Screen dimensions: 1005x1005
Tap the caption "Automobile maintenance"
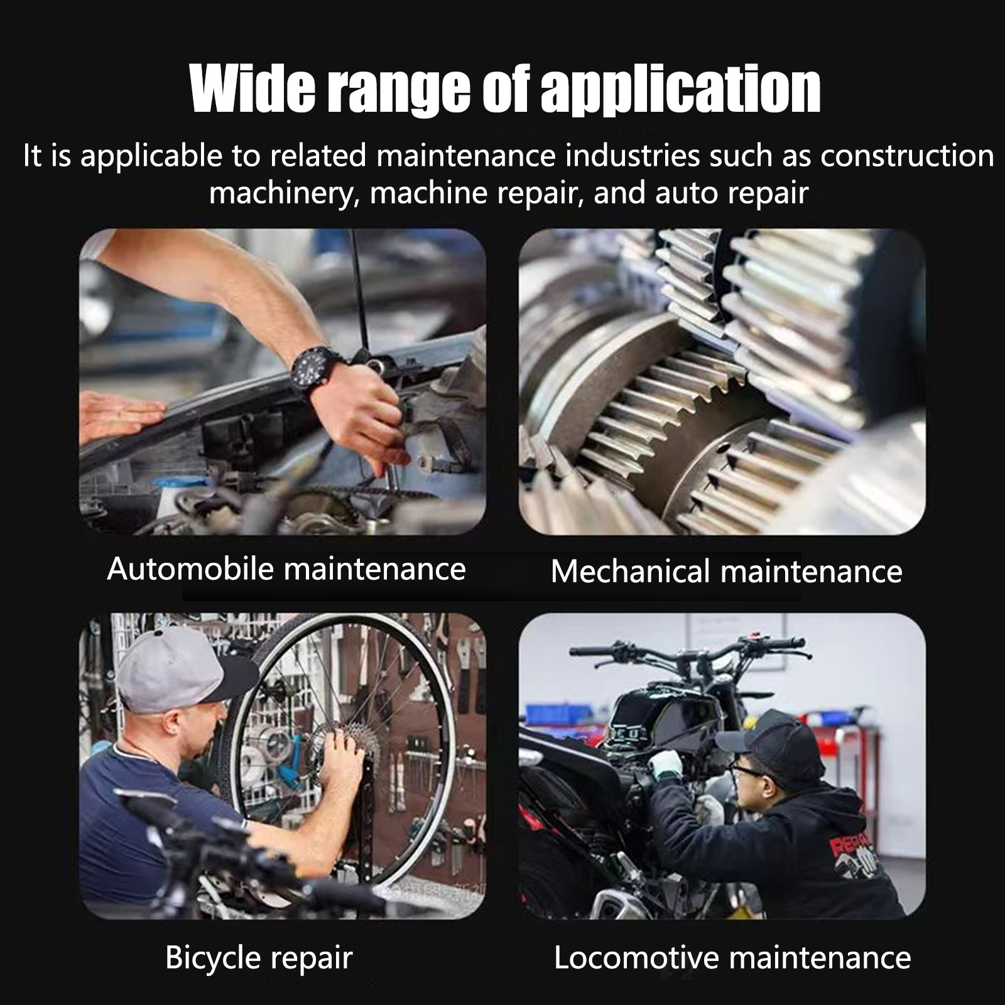pyautogui.click(x=286, y=569)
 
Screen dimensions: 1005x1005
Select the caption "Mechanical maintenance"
pyautogui.click(x=726, y=572)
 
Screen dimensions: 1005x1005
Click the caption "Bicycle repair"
pyautogui.click(x=259, y=959)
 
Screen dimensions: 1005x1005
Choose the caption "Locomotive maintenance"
pyautogui.click(x=732, y=958)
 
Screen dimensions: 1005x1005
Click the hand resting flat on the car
pyautogui.click(x=119, y=416)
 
